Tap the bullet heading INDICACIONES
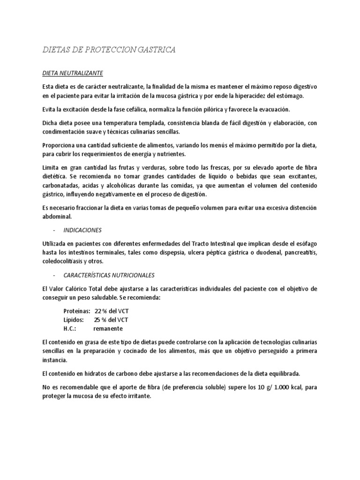point(83,230)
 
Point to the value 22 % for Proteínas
point(101,311)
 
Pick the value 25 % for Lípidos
point(101,320)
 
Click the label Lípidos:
point(74,320)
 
